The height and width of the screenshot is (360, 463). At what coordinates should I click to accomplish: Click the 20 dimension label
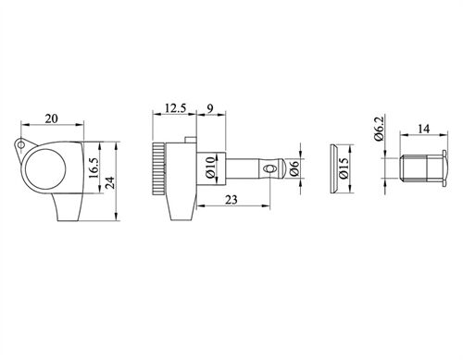52,118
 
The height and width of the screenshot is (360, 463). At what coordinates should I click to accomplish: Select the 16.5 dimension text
94,168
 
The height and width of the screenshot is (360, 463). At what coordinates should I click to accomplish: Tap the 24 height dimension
110,182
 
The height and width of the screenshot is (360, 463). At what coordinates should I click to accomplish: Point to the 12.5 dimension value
175,108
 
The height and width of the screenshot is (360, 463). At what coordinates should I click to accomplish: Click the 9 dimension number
210,108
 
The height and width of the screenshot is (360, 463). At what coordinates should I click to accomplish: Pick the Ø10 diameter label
210,168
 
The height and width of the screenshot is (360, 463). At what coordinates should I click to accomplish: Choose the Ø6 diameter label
294,168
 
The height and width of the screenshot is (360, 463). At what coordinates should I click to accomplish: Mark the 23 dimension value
231,200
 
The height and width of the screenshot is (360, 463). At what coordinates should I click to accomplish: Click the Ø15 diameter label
344,168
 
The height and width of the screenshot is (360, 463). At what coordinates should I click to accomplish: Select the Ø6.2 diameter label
379,129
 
